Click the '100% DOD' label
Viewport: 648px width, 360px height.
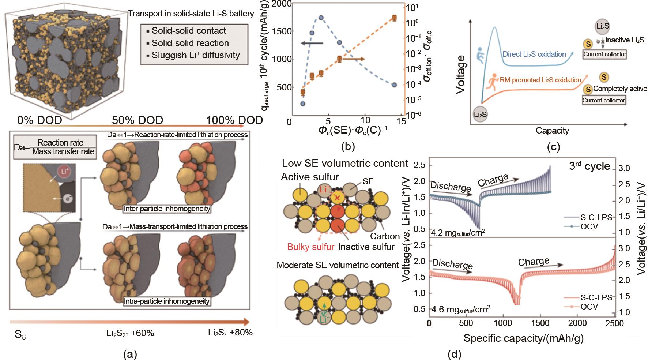[x=234, y=120]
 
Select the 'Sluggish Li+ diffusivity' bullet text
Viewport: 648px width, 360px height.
[x=196, y=55]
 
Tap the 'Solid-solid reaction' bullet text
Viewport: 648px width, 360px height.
[x=190, y=43]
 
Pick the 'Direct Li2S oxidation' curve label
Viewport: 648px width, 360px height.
[x=534, y=54]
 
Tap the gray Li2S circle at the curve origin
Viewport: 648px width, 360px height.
[x=480, y=115]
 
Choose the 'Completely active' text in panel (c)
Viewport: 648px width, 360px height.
[x=620, y=89]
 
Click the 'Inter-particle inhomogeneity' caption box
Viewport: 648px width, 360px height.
[x=167, y=209]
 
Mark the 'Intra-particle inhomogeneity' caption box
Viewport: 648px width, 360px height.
[x=167, y=301]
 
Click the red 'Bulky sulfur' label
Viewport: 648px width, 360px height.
[x=311, y=247]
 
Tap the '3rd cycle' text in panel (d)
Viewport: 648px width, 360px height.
[x=589, y=166]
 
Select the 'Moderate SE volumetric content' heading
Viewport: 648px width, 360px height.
[x=338, y=265]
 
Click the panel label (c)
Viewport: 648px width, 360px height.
[x=553, y=147]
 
